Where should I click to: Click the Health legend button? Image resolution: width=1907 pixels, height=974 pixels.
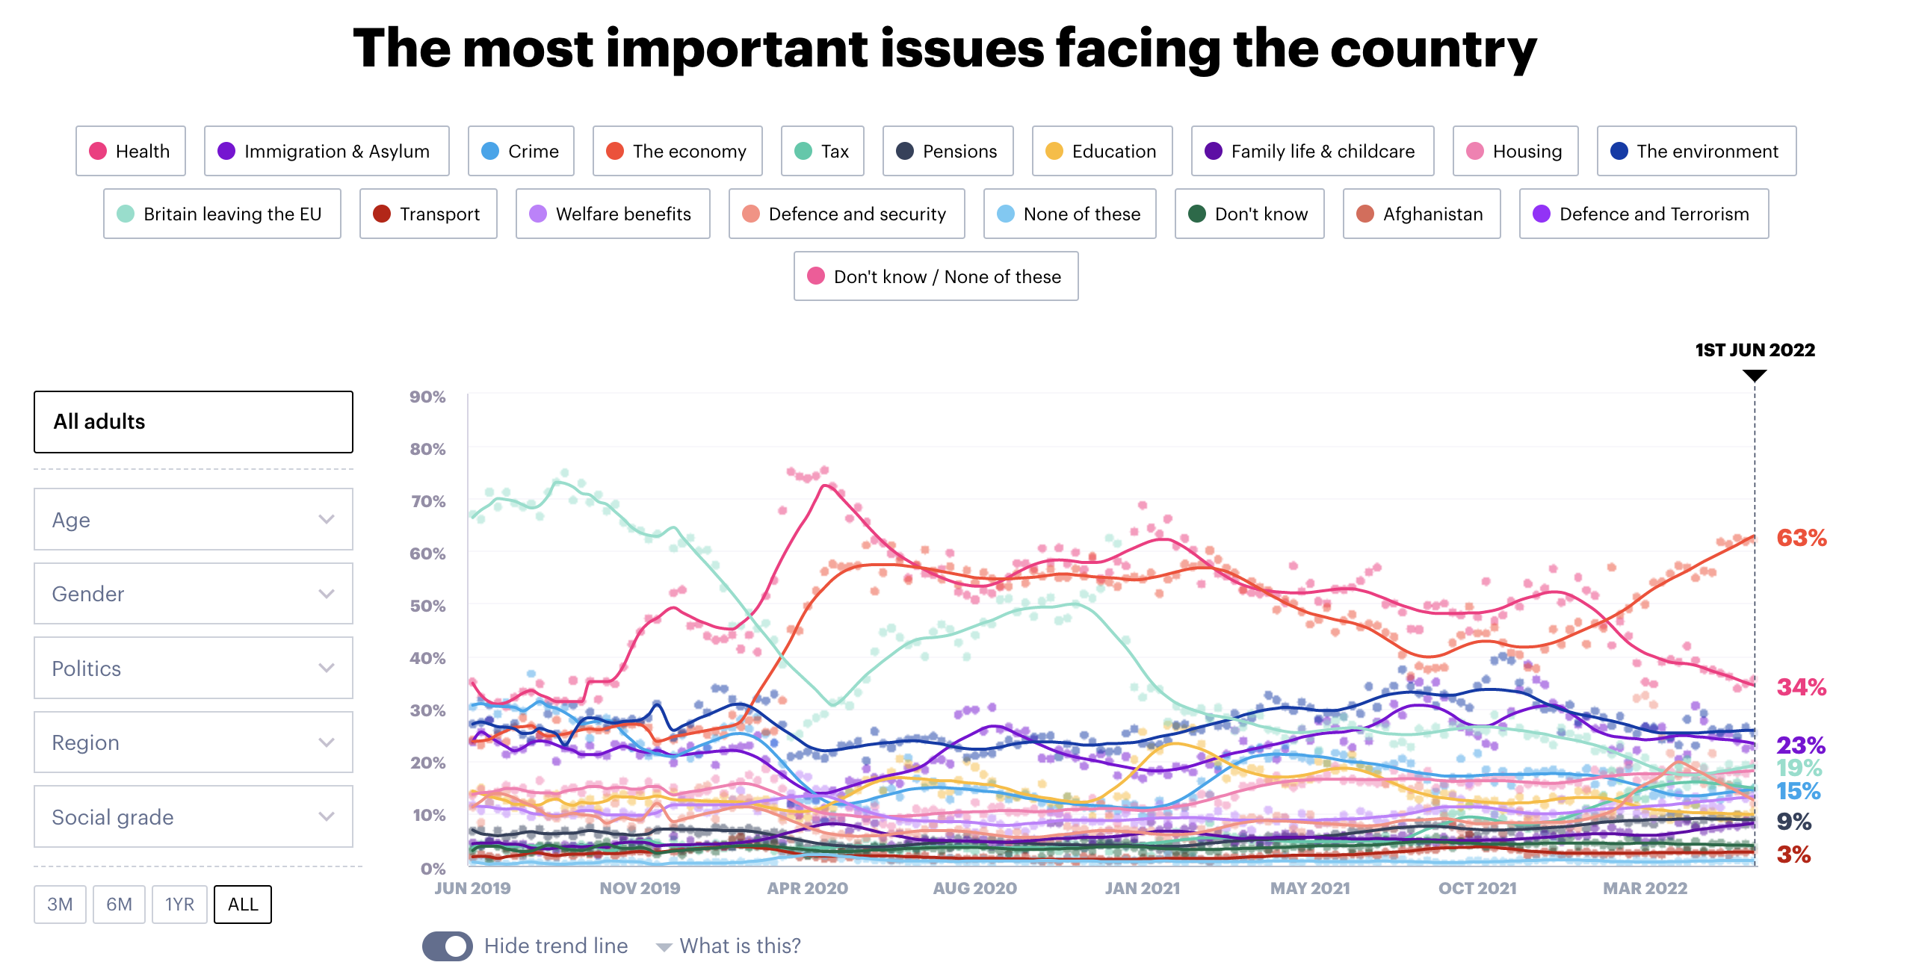[x=131, y=151]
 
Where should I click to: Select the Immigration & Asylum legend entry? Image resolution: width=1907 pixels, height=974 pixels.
[x=327, y=151]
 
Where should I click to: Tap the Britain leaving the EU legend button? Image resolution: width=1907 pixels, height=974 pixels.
[x=222, y=214]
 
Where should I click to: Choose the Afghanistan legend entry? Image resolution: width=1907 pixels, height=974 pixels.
[x=1421, y=214]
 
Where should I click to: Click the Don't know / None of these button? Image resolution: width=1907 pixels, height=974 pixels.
[x=936, y=276]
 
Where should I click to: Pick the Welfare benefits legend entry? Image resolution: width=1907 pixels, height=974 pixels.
[x=613, y=214]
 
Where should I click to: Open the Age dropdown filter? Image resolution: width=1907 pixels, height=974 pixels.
[x=194, y=519]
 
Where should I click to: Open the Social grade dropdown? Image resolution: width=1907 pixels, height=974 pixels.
[x=194, y=816]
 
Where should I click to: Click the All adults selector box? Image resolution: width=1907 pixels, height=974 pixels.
[x=194, y=422]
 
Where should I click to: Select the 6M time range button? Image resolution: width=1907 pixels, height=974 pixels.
[x=119, y=905]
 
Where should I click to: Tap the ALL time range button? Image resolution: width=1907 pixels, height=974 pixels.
[x=243, y=905]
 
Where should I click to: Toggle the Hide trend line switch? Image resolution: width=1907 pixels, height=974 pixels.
[x=447, y=946]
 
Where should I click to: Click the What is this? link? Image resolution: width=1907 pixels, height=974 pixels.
[x=739, y=946]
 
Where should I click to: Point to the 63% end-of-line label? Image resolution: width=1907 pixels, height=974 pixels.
[x=1801, y=538]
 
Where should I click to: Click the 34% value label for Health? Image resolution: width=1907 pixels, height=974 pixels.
[x=1801, y=687]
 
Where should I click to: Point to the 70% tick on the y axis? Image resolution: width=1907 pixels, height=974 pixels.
[x=427, y=501]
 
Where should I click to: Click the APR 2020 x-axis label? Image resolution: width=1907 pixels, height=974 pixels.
[x=807, y=888]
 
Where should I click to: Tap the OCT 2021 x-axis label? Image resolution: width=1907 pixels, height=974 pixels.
[x=1477, y=888]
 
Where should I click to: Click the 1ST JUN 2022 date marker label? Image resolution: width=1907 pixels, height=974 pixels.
[x=1755, y=350]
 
